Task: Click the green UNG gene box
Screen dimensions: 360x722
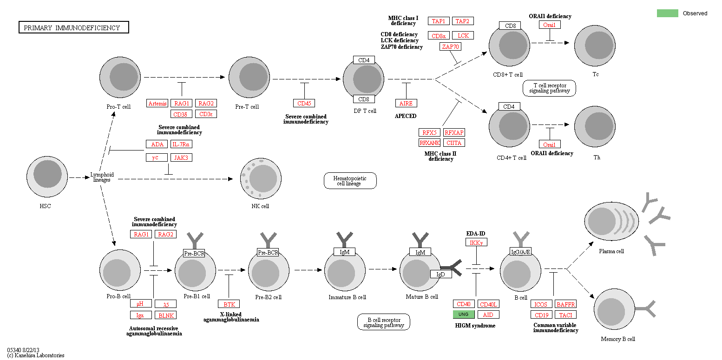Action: point(464,314)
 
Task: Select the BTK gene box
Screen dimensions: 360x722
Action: point(229,304)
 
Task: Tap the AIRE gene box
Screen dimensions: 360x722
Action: point(406,103)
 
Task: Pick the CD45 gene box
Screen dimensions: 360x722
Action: point(304,103)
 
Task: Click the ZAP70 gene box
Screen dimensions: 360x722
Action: point(451,46)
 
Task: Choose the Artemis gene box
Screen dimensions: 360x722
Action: point(157,103)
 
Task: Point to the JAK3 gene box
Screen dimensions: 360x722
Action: point(181,157)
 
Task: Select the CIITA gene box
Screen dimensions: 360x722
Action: point(454,143)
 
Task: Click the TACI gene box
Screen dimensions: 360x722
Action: point(565,315)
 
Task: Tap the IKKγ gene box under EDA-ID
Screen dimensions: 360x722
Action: point(476,242)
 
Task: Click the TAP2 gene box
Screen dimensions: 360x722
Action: point(462,21)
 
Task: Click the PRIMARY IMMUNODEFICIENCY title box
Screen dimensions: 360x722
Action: point(73,28)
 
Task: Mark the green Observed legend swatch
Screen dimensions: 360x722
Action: point(667,13)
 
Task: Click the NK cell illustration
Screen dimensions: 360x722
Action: point(260,178)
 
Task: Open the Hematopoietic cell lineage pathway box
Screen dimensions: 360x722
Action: point(350,180)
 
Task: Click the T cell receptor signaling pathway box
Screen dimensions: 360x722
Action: point(549,88)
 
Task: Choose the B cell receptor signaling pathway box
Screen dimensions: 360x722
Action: point(384,322)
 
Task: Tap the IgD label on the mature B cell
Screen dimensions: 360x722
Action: point(441,274)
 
